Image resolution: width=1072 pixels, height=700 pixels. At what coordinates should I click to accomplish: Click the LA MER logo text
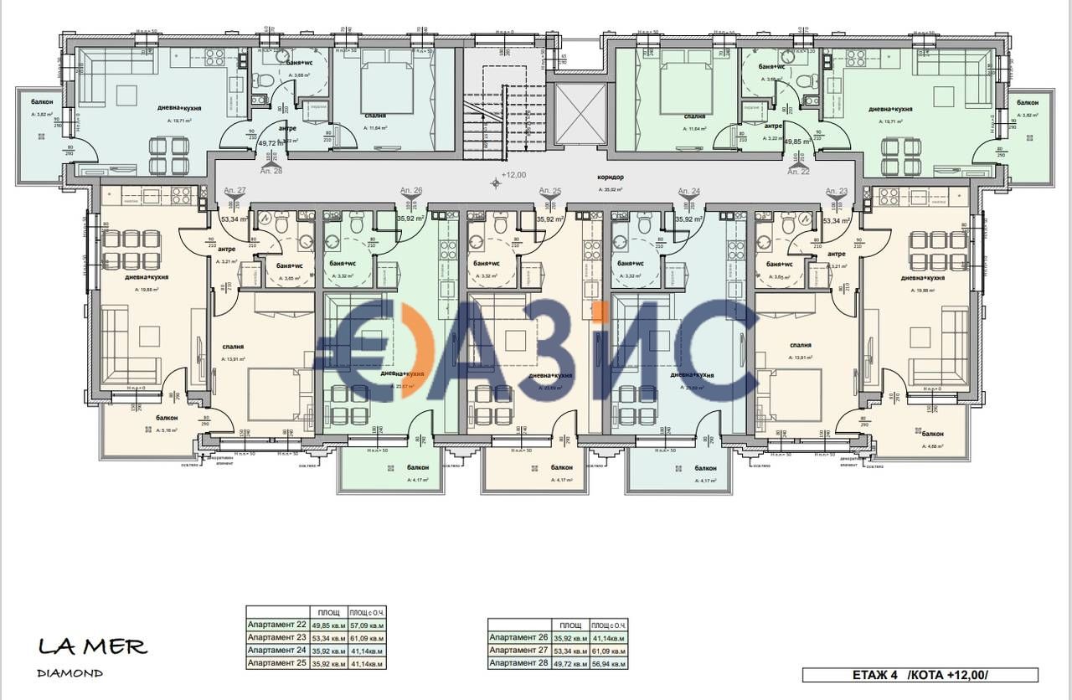click(93, 646)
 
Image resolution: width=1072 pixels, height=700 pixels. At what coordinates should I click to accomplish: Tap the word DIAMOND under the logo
click(70, 673)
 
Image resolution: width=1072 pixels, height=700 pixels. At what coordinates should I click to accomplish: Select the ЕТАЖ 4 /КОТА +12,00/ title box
click(920, 675)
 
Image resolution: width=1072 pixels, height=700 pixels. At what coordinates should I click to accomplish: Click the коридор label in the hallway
click(611, 178)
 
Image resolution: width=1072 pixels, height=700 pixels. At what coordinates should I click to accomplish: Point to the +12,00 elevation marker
click(513, 175)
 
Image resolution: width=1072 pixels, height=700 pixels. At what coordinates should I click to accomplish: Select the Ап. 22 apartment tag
click(799, 171)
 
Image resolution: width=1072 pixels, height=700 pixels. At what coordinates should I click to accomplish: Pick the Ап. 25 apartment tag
click(550, 191)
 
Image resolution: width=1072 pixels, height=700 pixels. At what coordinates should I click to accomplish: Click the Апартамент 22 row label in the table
click(277, 625)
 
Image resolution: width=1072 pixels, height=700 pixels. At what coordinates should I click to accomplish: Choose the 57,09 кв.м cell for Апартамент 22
click(366, 625)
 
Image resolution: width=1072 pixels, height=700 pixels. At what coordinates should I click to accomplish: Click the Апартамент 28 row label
click(518, 663)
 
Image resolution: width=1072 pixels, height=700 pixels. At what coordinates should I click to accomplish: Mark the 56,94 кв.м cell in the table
click(607, 663)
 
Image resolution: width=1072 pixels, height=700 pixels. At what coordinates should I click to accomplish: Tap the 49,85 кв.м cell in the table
click(327, 625)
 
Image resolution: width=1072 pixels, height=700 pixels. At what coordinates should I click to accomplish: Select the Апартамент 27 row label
click(518, 651)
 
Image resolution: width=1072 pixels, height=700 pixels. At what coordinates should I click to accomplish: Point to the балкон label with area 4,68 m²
click(933, 434)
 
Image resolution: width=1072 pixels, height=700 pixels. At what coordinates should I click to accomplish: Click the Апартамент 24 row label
click(277, 650)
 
